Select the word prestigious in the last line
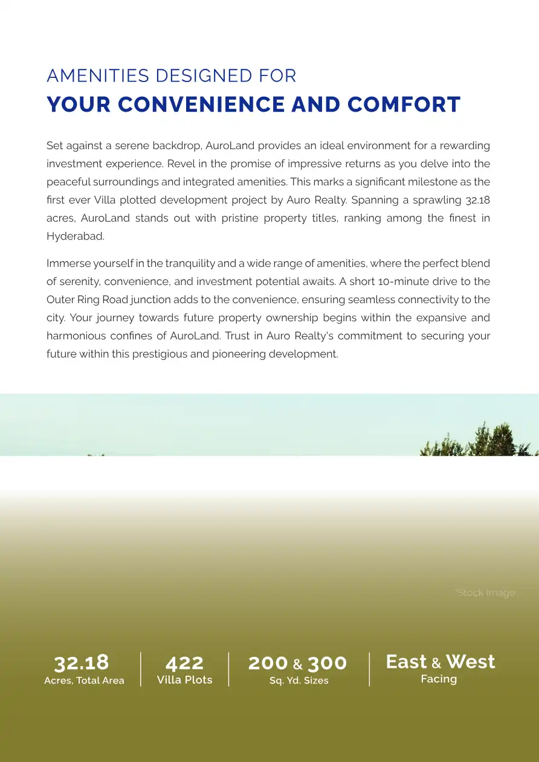(x=158, y=354)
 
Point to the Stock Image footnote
(x=485, y=593)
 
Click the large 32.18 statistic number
(x=82, y=662)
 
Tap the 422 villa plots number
(x=184, y=663)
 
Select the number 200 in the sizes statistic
(x=268, y=663)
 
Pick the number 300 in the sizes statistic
(x=327, y=663)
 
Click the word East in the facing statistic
(x=406, y=662)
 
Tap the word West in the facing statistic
(x=470, y=662)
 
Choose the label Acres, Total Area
(x=84, y=680)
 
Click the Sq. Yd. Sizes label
(x=299, y=680)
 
